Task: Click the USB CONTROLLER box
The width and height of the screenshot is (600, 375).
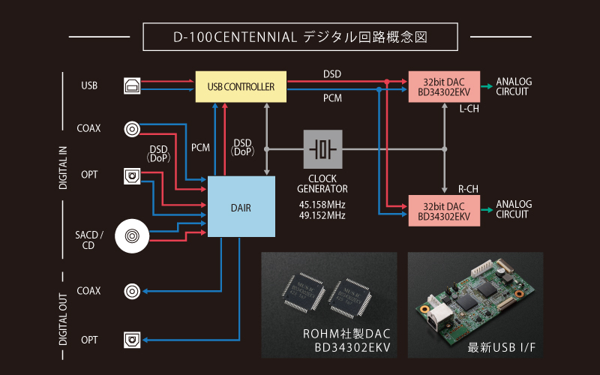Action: [x=241, y=87]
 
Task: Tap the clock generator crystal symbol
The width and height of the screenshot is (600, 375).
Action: [x=322, y=148]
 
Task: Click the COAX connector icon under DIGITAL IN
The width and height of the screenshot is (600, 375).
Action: [x=132, y=128]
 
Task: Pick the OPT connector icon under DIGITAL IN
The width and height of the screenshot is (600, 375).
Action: [x=132, y=177]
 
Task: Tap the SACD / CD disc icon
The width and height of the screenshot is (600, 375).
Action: [x=133, y=238]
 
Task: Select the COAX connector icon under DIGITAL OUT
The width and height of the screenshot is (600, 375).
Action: [x=132, y=291]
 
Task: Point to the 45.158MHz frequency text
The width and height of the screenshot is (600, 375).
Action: [x=322, y=202]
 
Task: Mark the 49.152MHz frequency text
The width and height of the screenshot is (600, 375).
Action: [x=322, y=215]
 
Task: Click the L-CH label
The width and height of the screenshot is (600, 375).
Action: [x=469, y=109]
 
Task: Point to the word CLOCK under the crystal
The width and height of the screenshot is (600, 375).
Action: [x=322, y=178]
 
